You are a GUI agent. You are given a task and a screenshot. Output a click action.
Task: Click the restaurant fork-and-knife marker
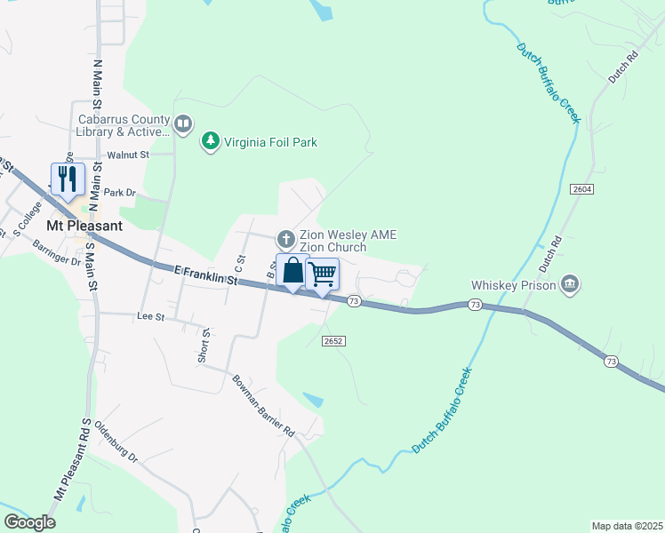click(x=68, y=180)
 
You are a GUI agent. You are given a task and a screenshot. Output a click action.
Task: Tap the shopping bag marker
click(x=292, y=270)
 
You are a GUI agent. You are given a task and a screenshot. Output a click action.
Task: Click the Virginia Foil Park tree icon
click(x=210, y=141)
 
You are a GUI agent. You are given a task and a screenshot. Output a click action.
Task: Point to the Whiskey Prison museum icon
click(x=570, y=284)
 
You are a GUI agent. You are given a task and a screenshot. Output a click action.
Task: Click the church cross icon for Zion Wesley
click(x=285, y=238)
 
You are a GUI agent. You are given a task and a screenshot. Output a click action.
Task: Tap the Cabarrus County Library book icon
click(x=183, y=124)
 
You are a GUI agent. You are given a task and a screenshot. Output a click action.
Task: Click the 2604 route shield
click(x=582, y=189)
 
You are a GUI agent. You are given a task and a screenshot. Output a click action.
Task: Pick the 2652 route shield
click(x=333, y=341)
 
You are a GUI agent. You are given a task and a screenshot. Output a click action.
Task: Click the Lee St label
click(x=151, y=316)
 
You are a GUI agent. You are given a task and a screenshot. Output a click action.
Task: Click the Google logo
click(x=29, y=522)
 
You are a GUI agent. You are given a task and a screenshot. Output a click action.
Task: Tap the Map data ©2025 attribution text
click(x=627, y=526)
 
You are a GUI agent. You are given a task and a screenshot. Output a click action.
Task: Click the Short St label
click(x=204, y=345)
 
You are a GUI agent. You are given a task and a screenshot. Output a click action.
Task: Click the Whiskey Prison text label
click(x=513, y=285)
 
